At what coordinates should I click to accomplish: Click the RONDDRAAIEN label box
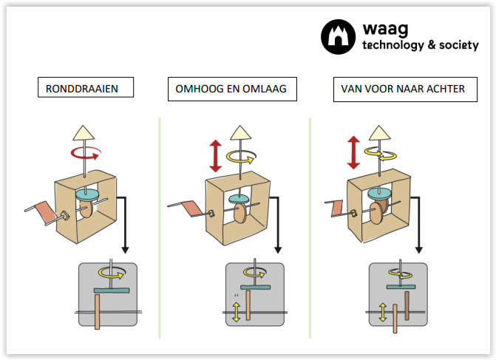click(x=87, y=89)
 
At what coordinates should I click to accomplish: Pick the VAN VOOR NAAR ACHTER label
click(x=403, y=89)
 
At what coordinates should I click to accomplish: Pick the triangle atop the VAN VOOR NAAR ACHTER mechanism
click(x=380, y=134)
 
